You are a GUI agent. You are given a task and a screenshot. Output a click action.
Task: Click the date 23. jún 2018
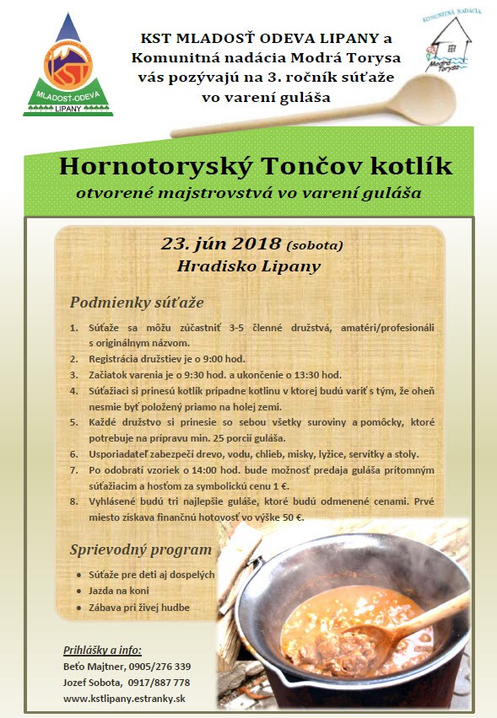tap(221, 244)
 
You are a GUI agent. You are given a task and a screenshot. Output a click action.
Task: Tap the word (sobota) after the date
tap(315, 247)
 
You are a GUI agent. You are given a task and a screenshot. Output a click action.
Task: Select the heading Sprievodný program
tap(140, 549)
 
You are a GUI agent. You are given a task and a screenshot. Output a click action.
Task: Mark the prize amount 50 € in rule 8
tap(290, 517)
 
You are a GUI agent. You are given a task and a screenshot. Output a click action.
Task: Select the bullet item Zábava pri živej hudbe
tap(139, 607)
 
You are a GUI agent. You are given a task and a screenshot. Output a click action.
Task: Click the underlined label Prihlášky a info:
tap(103, 650)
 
